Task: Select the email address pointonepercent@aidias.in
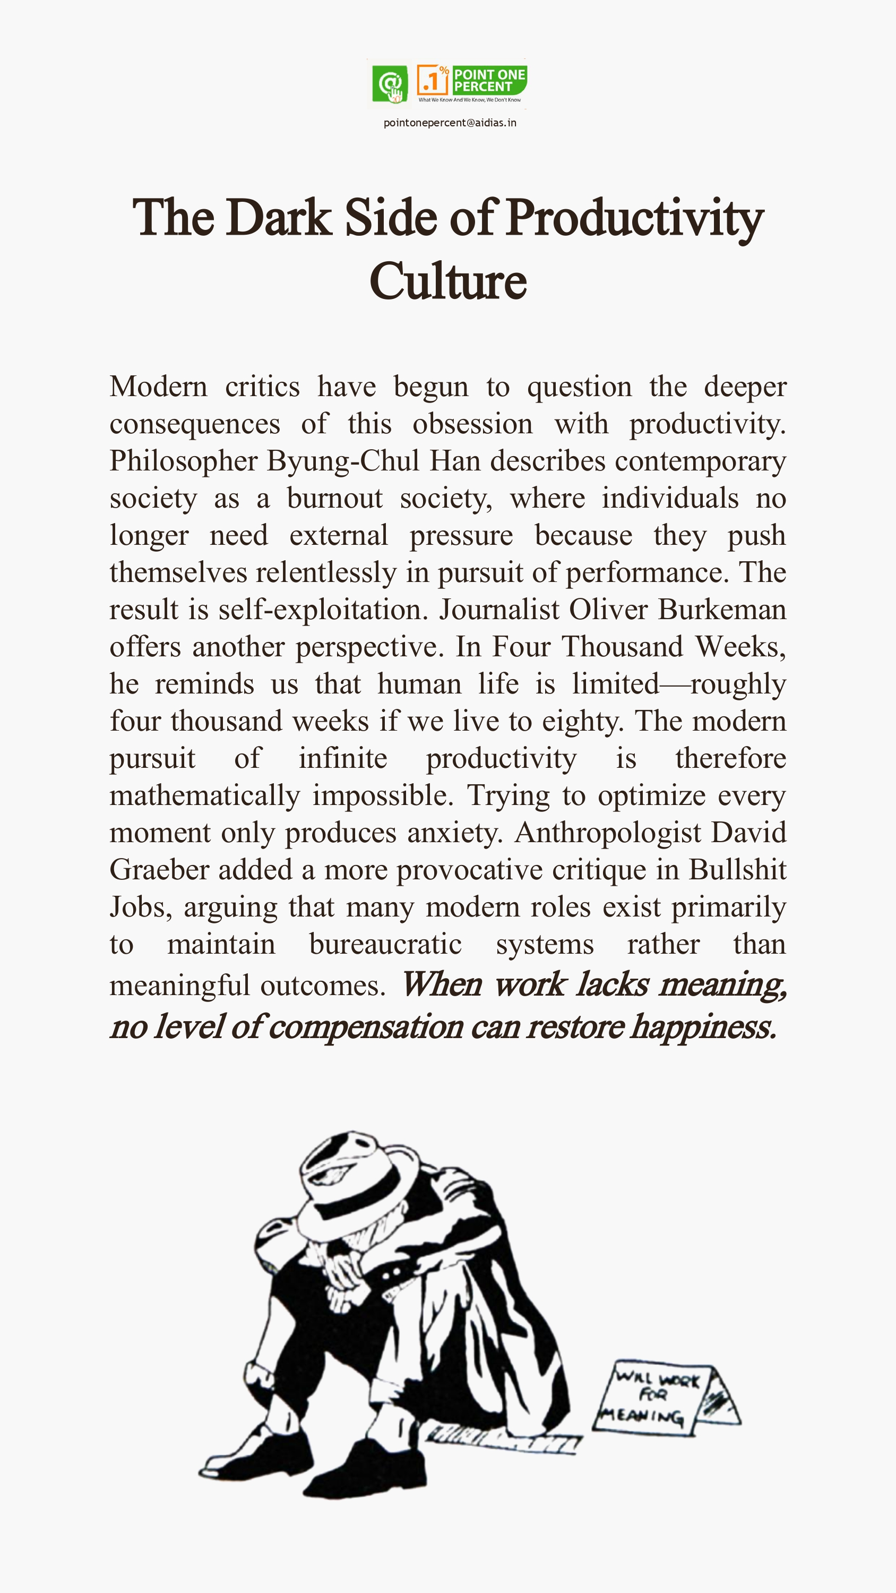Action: (x=450, y=123)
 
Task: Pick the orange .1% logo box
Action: (x=433, y=80)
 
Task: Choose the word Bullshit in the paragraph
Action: (x=737, y=870)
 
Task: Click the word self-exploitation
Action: (x=323, y=610)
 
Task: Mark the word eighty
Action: (x=582, y=722)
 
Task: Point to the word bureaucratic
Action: (x=385, y=944)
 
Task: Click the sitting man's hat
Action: (x=352, y=1175)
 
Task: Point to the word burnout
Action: (x=334, y=499)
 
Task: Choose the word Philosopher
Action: (x=184, y=461)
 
